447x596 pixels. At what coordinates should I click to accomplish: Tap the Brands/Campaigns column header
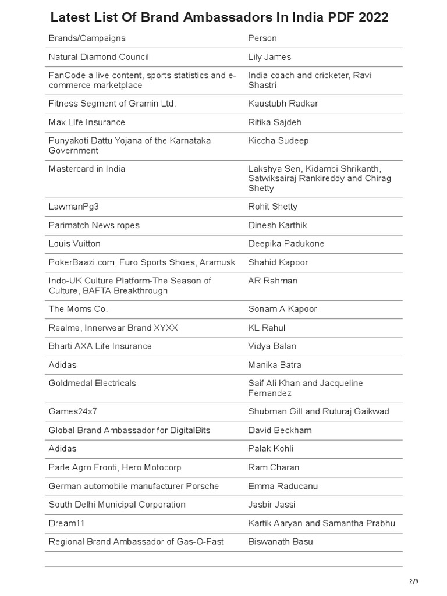[87, 38]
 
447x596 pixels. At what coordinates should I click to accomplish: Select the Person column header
[262, 38]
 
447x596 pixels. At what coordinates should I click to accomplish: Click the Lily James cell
[269, 57]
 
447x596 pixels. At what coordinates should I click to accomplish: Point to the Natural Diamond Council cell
[99, 57]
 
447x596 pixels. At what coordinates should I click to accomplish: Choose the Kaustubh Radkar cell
[283, 104]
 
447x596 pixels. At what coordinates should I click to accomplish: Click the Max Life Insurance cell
[87, 122]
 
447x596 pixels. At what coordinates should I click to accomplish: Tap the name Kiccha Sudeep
[278, 141]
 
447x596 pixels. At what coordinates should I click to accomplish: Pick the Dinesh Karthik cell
[277, 225]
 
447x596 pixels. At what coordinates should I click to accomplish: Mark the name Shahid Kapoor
[278, 262]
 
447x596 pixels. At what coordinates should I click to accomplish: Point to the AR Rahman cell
[272, 281]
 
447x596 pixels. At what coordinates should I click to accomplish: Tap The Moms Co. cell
[79, 309]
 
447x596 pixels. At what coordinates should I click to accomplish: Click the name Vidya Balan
[272, 346]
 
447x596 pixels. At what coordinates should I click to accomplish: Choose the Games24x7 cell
[73, 411]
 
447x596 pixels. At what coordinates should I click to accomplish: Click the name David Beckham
[280, 430]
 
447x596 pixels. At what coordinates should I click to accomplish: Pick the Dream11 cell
[68, 523]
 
